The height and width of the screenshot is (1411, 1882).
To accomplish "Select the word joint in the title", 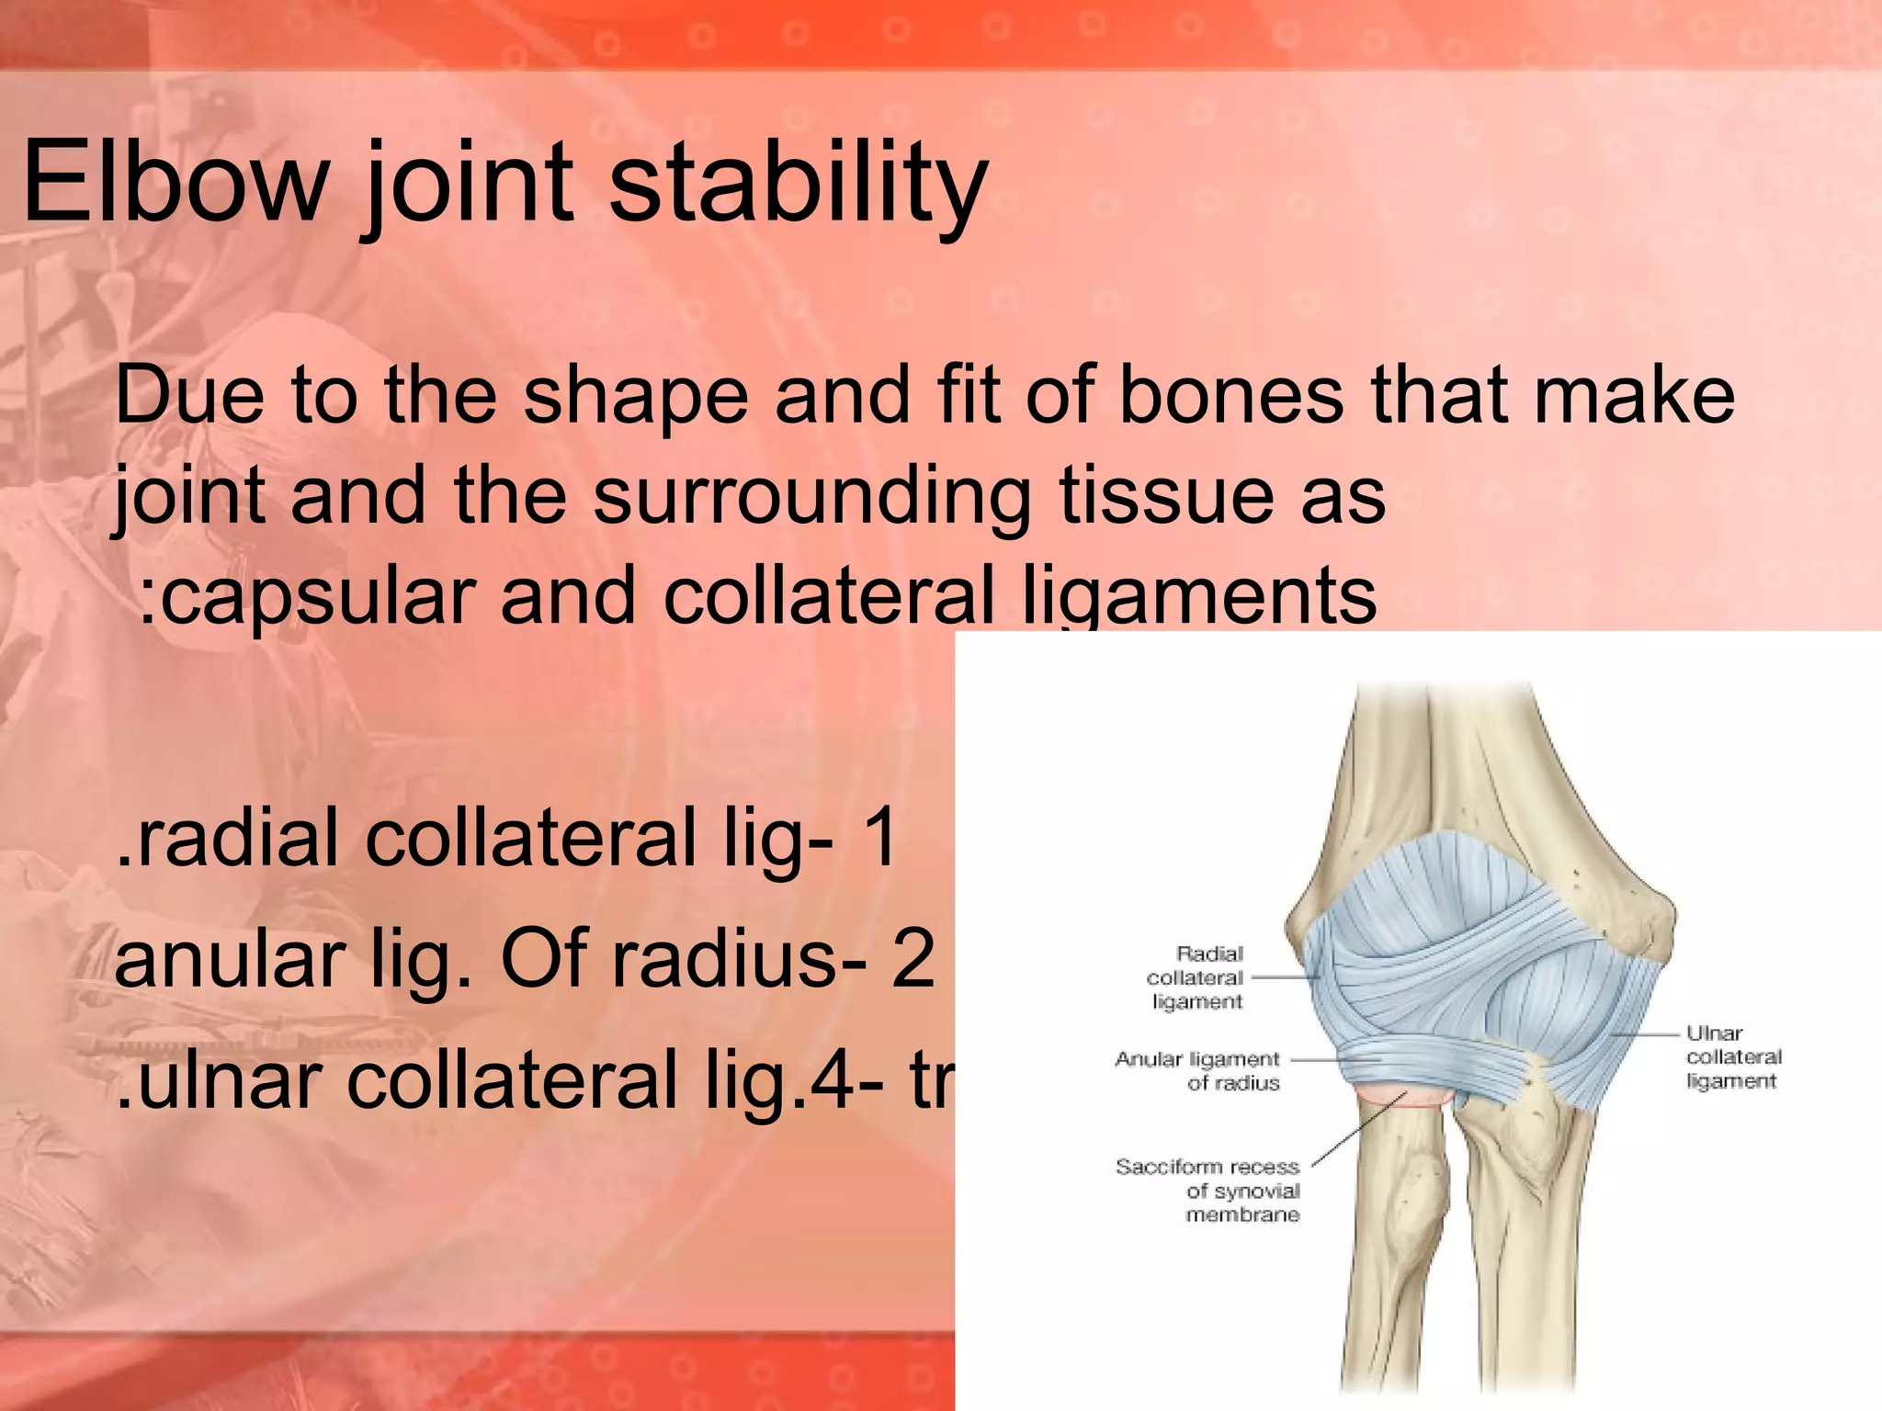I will point(469,184).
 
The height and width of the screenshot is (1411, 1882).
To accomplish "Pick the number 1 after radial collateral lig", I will point(880,838).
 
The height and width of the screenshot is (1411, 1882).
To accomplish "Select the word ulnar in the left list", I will point(230,1081).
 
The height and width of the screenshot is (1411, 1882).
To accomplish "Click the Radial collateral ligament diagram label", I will point(1196,978).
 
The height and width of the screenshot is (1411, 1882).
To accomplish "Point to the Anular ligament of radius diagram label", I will point(1198,1071).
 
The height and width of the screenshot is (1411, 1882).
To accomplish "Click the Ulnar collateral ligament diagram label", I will point(1733,1057).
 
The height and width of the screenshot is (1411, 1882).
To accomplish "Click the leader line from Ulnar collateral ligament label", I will point(1645,1035).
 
